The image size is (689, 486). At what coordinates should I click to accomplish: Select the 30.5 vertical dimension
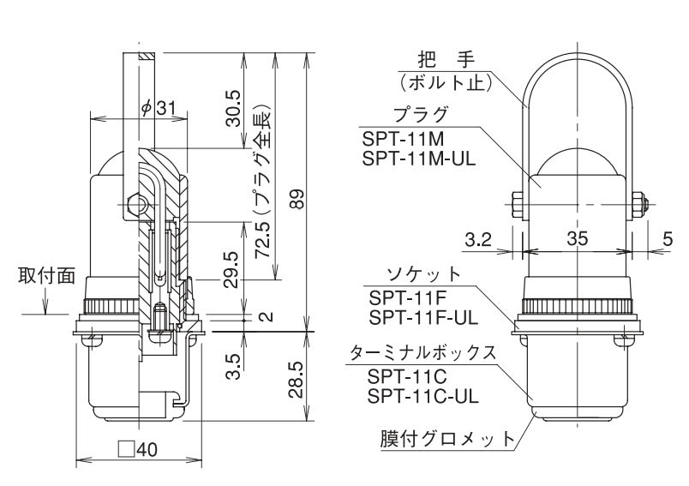point(232,105)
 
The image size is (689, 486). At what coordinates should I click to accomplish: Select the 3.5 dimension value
point(231,363)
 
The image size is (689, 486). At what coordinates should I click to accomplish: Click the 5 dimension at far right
point(668,241)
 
